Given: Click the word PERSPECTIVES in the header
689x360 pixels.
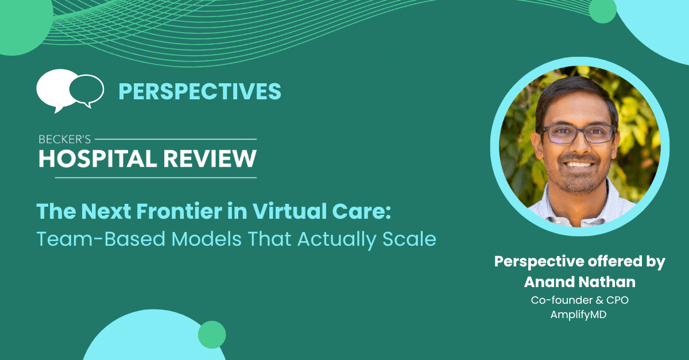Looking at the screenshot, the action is (x=200, y=91).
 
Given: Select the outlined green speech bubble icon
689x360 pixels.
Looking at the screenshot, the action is (x=87, y=91).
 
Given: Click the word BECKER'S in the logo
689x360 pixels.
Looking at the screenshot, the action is (x=64, y=140).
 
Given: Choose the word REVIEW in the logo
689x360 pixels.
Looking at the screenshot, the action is (x=210, y=159).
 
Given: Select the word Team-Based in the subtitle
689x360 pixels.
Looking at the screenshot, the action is (x=101, y=239).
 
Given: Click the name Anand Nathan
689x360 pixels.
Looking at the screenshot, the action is (x=580, y=282).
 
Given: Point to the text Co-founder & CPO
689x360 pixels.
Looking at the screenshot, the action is (x=580, y=300).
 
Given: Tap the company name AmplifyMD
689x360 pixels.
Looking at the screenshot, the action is (x=578, y=315).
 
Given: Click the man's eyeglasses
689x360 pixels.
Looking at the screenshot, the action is (x=577, y=134).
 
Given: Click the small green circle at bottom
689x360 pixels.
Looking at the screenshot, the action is (x=212, y=335).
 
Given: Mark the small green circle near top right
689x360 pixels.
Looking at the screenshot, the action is (x=602, y=10).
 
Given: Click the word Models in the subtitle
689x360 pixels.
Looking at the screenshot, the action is (x=206, y=239).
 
